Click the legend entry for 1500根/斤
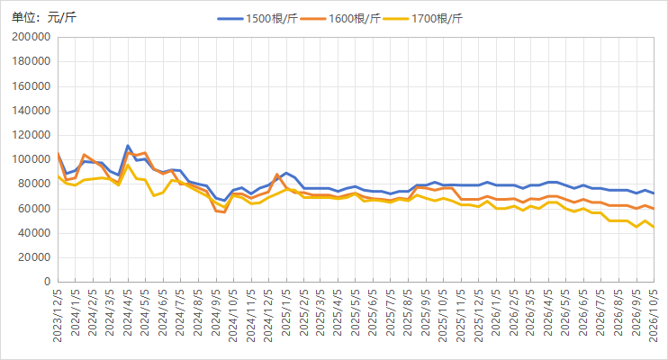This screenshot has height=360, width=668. [257, 19]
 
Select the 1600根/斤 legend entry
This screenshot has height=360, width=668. [340, 19]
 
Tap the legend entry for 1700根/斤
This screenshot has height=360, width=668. [422, 19]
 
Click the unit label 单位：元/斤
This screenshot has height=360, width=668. [44, 17]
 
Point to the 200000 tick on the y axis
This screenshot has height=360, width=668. [32, 37]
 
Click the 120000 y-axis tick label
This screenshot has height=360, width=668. [32, 135]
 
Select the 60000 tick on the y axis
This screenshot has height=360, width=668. [33, 209]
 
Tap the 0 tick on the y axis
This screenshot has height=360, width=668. [48, 282]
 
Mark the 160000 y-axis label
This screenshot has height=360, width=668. [32, 86]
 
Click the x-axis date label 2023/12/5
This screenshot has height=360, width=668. [58, 316]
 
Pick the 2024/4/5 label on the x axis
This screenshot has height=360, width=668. [128, 312]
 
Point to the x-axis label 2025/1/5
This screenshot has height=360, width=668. [286, 312]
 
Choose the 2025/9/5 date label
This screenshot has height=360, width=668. [426, 312]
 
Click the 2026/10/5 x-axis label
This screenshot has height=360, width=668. [654, 316]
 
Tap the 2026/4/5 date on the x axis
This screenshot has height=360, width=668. [549, 312]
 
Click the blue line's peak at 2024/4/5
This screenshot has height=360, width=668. [128, 146]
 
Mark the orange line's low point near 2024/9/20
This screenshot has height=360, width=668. [224, 211]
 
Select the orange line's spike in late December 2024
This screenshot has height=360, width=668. [277, 175]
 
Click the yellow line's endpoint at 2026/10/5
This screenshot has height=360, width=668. [654, 228]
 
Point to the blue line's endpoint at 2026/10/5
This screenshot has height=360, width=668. [654, 193]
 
